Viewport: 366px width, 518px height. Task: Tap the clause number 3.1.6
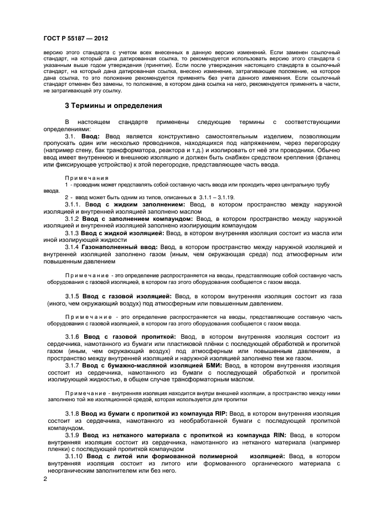72,336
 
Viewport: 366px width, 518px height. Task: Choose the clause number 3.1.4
72,247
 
